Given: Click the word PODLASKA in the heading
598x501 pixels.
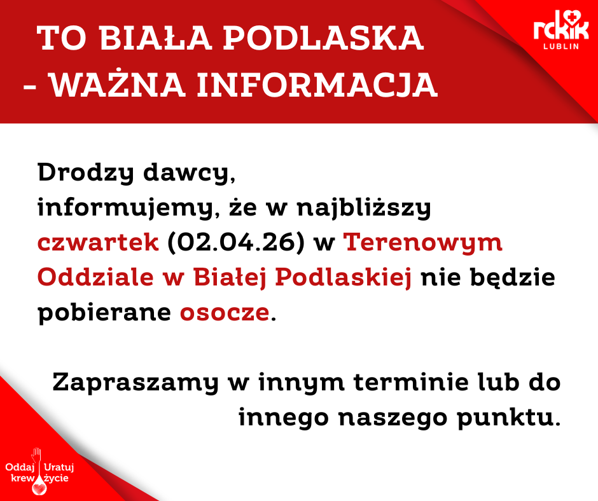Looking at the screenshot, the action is [x=323, y=38].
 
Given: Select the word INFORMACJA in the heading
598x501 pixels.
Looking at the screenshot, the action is [x=317, y=85].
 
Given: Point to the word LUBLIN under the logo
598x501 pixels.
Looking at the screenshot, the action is [x=561, y=46].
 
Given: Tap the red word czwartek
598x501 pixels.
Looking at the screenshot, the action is [x=98, y=242].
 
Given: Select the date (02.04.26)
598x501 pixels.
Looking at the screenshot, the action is [x=236, y=242].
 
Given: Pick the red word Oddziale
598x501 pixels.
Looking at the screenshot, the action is [x=95, y=277].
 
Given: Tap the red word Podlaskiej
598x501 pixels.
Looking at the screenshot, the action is [x=344, y=277].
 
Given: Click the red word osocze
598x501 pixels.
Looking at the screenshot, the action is [x=225, y=313].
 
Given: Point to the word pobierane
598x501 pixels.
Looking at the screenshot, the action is [x=104, y=313].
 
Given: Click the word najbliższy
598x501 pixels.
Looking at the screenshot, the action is [x=364, y=208].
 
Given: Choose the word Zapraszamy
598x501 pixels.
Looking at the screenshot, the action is [x=136, y=383].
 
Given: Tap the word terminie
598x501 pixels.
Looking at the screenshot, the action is [x=411, y=382].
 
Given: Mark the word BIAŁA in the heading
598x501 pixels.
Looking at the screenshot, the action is [x=156, y=38].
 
